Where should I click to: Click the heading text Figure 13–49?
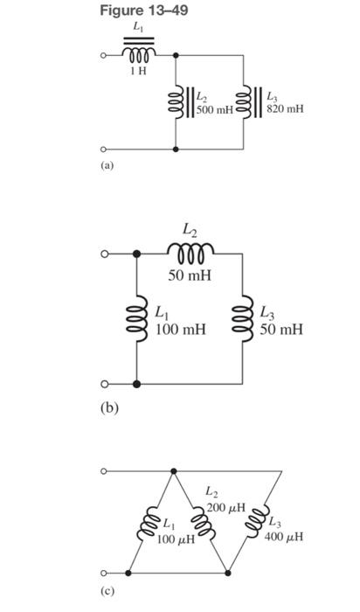pyautogui.click(x=144, y=10)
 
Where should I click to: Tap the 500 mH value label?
pyautogui.click(x=213, y=110)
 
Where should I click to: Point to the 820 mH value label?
pyautogui.click(x=286, y=110)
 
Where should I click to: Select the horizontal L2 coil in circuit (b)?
pyautogui.click(x=190, y=253)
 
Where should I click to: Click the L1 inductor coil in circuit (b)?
pyautogui.click(x=135, y=318)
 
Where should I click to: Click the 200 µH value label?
pyautogui.click(x=225, y=508)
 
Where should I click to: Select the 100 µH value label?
pyautogui.click(x=176, y=539)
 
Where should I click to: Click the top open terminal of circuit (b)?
pyautogui.click(x=104, y=254)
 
